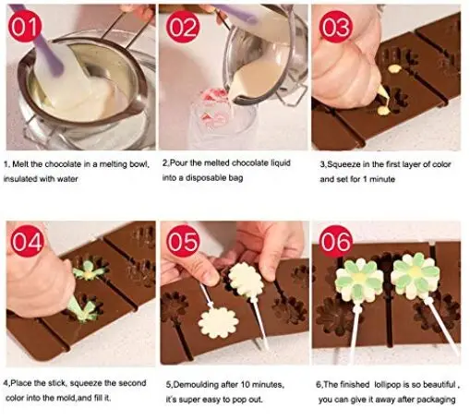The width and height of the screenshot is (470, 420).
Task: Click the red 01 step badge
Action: click(x=26, y=27)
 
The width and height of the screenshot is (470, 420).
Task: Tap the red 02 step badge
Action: click(x=183, y=27)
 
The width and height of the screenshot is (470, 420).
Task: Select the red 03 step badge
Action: click(x=335, y=27)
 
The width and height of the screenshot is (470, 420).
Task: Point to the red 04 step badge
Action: click(x=28, y=241)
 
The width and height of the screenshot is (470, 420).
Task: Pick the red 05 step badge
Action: click(x=183, y=242)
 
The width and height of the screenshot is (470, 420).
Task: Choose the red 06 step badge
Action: click(x=335, y=242)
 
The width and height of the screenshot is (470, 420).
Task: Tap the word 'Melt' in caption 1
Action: click(x=20, y=164)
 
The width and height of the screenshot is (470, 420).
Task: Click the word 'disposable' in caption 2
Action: click(x=205, y=178)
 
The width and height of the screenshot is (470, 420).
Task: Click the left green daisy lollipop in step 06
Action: click(x=359, y=281)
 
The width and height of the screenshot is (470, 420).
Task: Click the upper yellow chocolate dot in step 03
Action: click(x=393, y=68)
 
